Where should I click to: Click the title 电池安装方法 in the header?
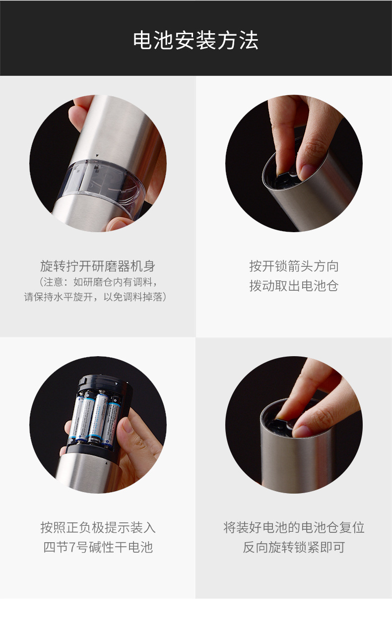[196, 40]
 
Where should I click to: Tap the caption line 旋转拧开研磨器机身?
[98, 266]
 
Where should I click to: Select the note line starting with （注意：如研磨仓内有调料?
[98, 282]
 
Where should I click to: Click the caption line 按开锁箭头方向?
[294, 266]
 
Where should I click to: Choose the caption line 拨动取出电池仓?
[294, 286]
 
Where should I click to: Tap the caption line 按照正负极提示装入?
[98, 527]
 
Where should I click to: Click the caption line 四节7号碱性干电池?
[98, 547]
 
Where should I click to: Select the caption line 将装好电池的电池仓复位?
[294, 527]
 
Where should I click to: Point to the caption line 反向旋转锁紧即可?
[294, 547]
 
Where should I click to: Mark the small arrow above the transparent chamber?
[97, 155]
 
